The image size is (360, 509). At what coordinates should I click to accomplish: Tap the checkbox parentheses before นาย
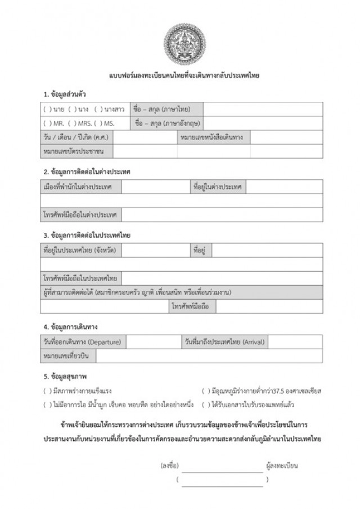(x=46, y=109)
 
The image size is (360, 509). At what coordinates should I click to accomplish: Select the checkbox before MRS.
(x=71, y=123)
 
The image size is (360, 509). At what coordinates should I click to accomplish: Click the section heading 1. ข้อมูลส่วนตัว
(x=64, y=93)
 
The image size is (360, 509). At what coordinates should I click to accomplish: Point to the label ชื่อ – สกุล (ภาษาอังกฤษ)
(x=168, y=123)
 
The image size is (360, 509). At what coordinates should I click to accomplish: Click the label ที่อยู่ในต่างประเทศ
(x=217, y=187)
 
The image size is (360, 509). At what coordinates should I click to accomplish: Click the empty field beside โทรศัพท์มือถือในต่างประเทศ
(x=222, y=215)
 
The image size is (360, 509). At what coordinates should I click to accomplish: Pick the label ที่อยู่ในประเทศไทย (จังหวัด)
(x=79, y=250)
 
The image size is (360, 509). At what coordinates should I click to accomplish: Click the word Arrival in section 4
(x=254, y=342)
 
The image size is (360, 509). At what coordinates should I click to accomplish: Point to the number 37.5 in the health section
(x=275, y=390)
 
